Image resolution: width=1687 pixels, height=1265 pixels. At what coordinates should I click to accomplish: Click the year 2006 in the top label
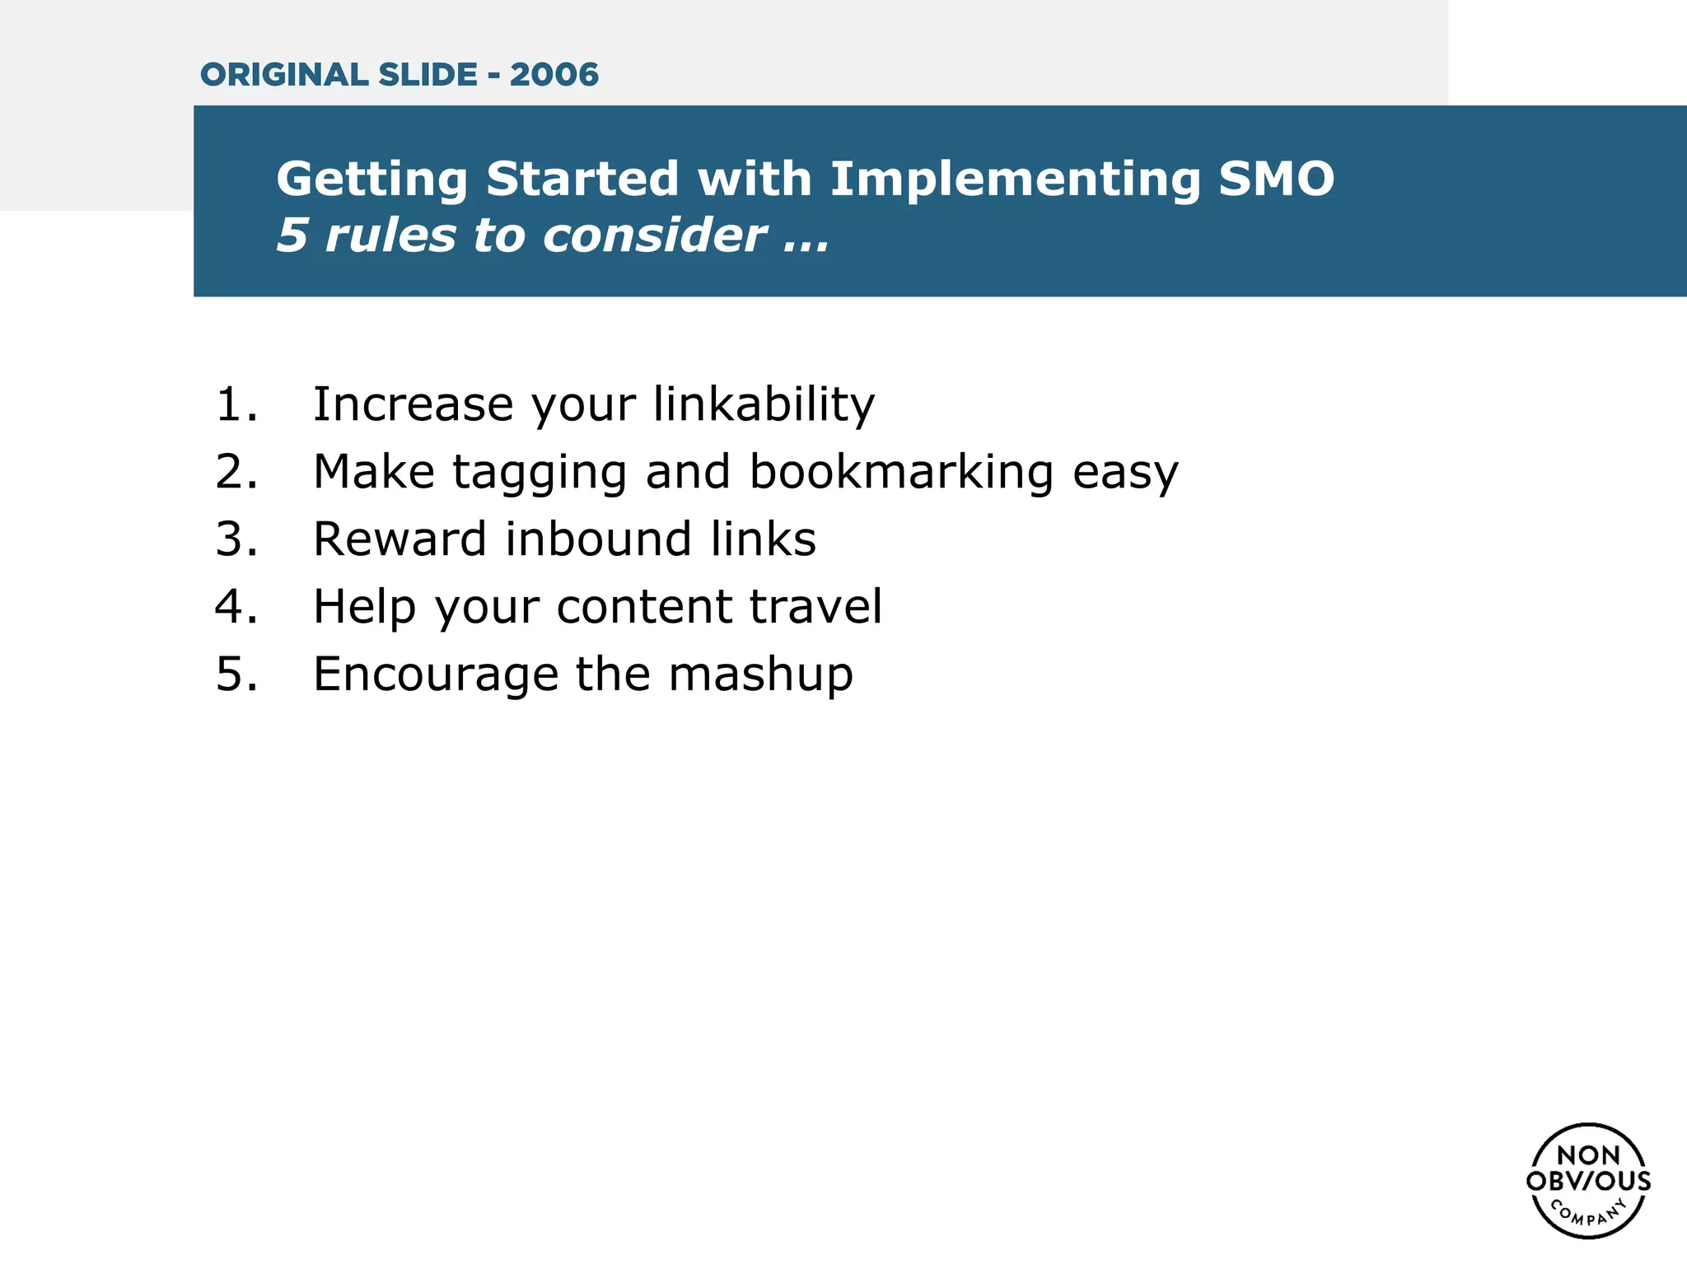point(554,75)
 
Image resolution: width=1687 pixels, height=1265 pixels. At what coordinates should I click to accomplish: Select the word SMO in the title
point(1276,179)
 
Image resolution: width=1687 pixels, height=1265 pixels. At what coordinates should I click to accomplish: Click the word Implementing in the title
point(1015,180)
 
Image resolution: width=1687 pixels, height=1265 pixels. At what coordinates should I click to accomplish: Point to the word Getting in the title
point(372,180)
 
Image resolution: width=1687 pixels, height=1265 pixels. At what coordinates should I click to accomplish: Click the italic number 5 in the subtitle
point(292,236)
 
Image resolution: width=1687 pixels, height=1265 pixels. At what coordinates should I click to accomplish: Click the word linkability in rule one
point(764,405)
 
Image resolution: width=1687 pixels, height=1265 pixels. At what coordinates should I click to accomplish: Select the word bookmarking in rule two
point(901,472)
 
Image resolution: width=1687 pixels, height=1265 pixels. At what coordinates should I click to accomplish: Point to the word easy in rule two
point(1125,474)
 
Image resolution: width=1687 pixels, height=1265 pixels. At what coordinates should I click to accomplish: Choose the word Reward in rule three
point(400,539)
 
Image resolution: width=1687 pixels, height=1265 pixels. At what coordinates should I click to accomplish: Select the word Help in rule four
point(364,607)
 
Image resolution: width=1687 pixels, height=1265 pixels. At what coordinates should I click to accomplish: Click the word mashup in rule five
point(760,675)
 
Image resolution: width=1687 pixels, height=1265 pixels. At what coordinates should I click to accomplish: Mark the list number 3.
point(236,539)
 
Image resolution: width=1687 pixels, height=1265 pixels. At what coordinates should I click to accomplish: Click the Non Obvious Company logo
point(1588,1180)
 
